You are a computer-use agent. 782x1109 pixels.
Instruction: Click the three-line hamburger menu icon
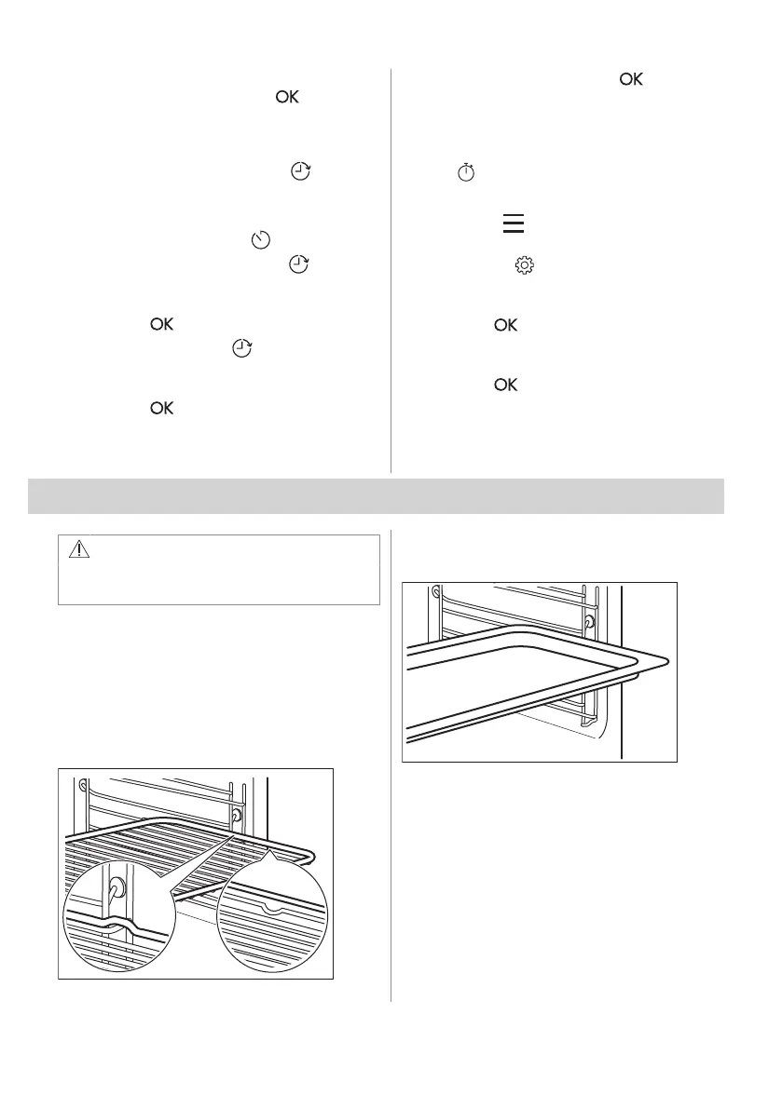[x=514, y=223]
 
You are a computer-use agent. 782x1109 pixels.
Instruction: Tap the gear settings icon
[x=524, y=266]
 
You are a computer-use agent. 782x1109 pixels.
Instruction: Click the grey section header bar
[x=377, y=495]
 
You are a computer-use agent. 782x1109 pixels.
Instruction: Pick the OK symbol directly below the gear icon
[x=506, y=325]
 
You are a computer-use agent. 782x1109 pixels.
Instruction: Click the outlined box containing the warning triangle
[x=219, y=570]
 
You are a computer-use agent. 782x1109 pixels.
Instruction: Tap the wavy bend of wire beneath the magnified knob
[x=117, y=926]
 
